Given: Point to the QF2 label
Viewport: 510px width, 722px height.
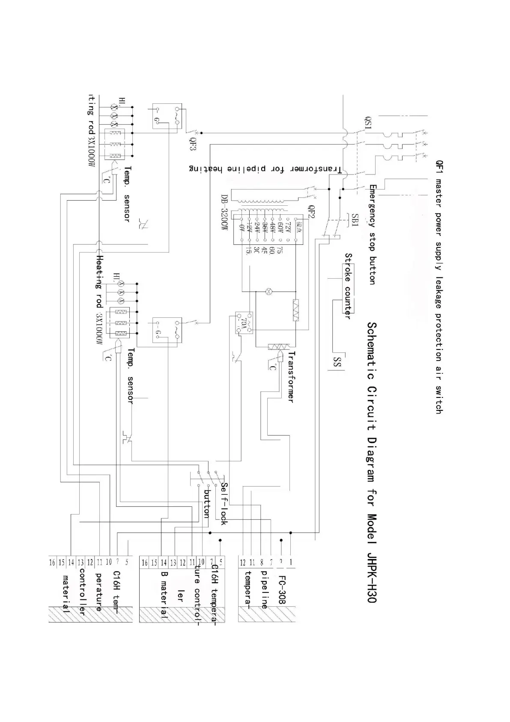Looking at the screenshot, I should click(x=312, y=212).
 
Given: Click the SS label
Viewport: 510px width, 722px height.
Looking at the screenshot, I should click(x=337, y=362).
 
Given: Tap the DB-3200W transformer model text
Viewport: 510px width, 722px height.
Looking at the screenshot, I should click(x=224, y=213).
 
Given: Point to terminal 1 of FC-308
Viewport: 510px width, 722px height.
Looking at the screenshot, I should click(x=291, y=562).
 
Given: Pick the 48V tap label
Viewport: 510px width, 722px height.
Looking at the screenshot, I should click(x=271, y=227).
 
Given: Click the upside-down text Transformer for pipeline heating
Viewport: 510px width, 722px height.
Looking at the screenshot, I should click(x=265, y=169).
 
